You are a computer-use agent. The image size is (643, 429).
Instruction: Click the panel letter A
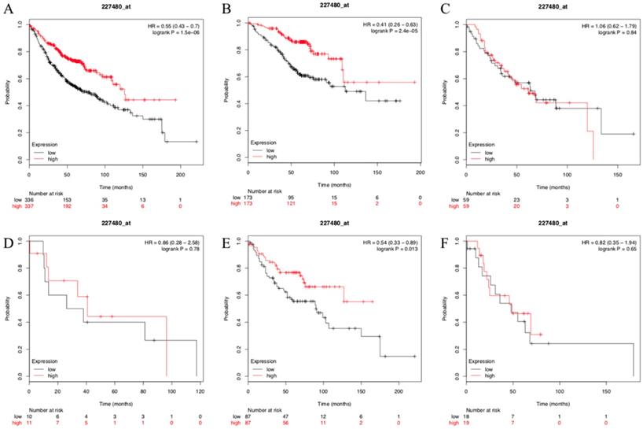[x=6, y=13]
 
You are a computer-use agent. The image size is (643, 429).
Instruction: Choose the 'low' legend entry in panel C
[x=490, y=152]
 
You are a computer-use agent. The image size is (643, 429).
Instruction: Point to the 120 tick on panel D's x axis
[x=200, y=390]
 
